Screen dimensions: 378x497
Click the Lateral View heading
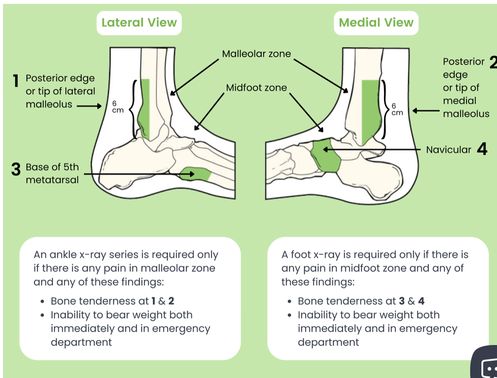pyautogui.click(x=139, y=23)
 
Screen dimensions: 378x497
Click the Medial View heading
pyautogui.click(x=376, y=23)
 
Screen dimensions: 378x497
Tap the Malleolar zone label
pyautogui.click(x=256, y=54)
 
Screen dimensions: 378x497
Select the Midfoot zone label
pyautogui.click(x=256, y=88)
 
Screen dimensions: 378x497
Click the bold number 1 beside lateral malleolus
pyautogui.click(x=16, y=81)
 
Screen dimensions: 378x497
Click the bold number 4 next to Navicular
pyautogui.click(x=482, y=150)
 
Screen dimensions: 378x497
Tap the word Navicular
pyautogui.click(x=449, y=150)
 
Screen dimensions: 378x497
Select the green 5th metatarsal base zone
pyautogui.click(x=195, y=174)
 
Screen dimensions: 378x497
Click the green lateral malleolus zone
pyautogui.click(x=145, y=108)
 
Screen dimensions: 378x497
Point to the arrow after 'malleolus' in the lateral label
pyautogui.click(x=90, y=105)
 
